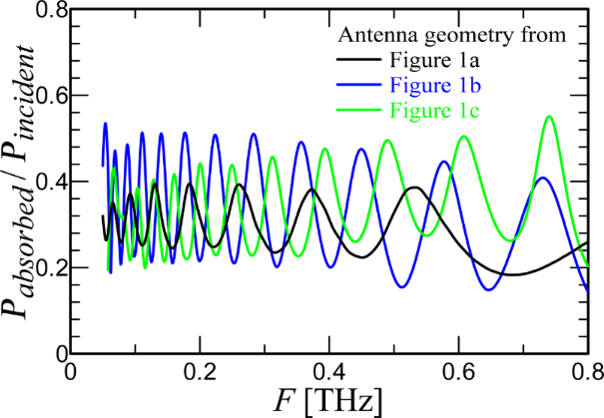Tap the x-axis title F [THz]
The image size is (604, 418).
point(328,402)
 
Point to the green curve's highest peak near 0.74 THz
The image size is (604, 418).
point(549,117)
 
